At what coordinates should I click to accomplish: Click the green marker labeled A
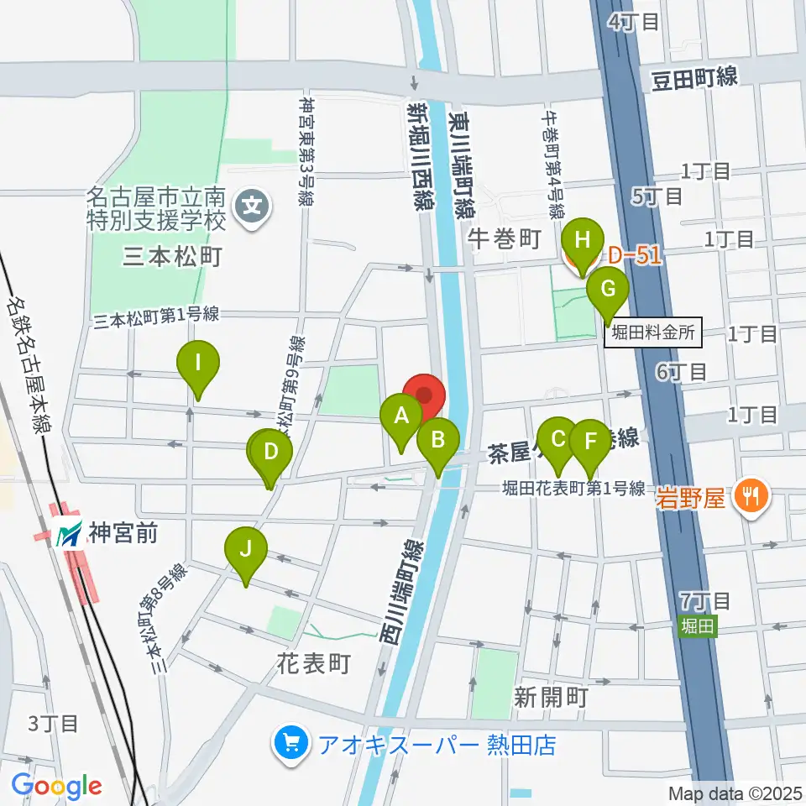(x=401, y=416)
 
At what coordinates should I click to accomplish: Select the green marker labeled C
(x=557, y=439)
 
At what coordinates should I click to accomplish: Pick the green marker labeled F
(x=590, y=441)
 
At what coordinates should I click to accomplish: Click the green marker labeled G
(x=608, y=290)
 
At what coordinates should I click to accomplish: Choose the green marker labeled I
(x=198, y=364)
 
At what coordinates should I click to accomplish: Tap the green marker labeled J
(x=245, y=549)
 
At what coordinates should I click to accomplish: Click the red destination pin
(x=424, y=395)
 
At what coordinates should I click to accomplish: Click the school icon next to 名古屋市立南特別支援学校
(x=252, y=203)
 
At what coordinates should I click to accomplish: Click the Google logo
(x=57, y=786)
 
